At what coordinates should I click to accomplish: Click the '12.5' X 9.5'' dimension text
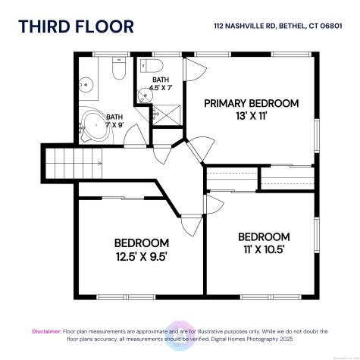141,256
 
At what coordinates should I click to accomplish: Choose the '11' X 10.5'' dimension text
264,249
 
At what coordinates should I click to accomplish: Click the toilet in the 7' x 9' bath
117,70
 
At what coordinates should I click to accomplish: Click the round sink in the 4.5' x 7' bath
143,95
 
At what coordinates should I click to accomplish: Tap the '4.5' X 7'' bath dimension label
161,88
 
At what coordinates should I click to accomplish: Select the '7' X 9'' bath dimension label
114,124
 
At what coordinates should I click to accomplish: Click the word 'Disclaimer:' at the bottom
45,331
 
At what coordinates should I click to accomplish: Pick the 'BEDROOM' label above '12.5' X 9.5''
141,243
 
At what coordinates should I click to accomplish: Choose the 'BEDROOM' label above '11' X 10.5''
264,236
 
